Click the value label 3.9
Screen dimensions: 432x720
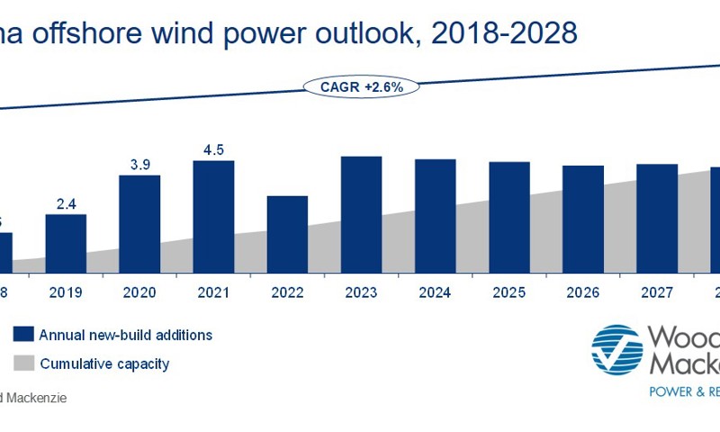pyautogui.click(x=139, y=164)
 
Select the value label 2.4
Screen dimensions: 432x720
pyautogui.click(x=66, y=203)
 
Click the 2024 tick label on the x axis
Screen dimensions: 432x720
pyautogui.click(x=435, y=292)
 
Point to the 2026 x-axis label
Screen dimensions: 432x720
pyautogui.click(x=582, y=292)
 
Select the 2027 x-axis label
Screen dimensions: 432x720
pyautogui.click(x=656, y=292)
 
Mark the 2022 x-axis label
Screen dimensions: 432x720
pyautogui.click(x=287, y=292)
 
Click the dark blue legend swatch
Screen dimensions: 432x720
pyautogui.click(x=23, y=335)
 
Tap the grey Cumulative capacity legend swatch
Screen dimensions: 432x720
pyautogui.click(x=23, y=364)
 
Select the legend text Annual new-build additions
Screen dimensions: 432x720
pyautogui.click(x=125, y=335)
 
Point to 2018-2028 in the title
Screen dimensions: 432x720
pyautogui.click(x=503, y=34)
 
